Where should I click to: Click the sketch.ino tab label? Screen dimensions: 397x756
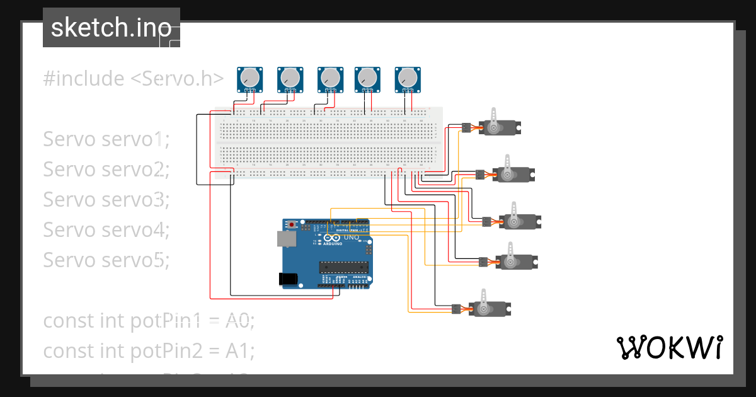[x=111, y=28]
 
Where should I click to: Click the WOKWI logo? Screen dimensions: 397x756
[x=668, y=347]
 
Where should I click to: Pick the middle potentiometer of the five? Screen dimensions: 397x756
[x=329, y=78]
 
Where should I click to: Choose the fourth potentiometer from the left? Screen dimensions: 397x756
[x=367, y=78]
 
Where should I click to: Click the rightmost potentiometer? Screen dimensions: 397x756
[x=407, y=78]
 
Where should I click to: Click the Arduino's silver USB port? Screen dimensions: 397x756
[x=285, y=238]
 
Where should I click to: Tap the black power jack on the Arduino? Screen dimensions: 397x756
[x=289, y=279]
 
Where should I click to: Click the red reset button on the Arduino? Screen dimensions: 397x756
[x=292, y=224]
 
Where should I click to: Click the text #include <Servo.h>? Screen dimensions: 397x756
[x=133, y=79]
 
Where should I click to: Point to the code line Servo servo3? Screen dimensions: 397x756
[x=106, y=199]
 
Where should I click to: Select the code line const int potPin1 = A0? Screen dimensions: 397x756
[x=148, y=321]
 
